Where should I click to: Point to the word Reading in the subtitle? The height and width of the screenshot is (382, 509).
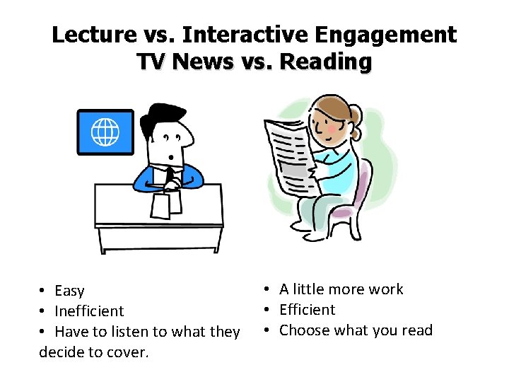pyautogui.click(x=326, y=62)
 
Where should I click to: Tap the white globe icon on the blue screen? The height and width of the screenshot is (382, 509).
pyautogui.click(x=105, y=132)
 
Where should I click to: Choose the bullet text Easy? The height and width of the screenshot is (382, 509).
pyautogui.click(x=69, y=291)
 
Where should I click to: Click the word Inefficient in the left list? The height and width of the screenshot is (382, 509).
pyautogui.click(x=89, y=311)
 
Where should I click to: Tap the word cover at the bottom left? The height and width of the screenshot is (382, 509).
pyautogui.click(x=128, y=352)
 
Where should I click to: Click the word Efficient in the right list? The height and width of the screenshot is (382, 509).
pyautogui.click(x=308, y=310)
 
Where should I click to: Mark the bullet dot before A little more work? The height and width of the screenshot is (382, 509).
pyautogui.click(x=269, y=289)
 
